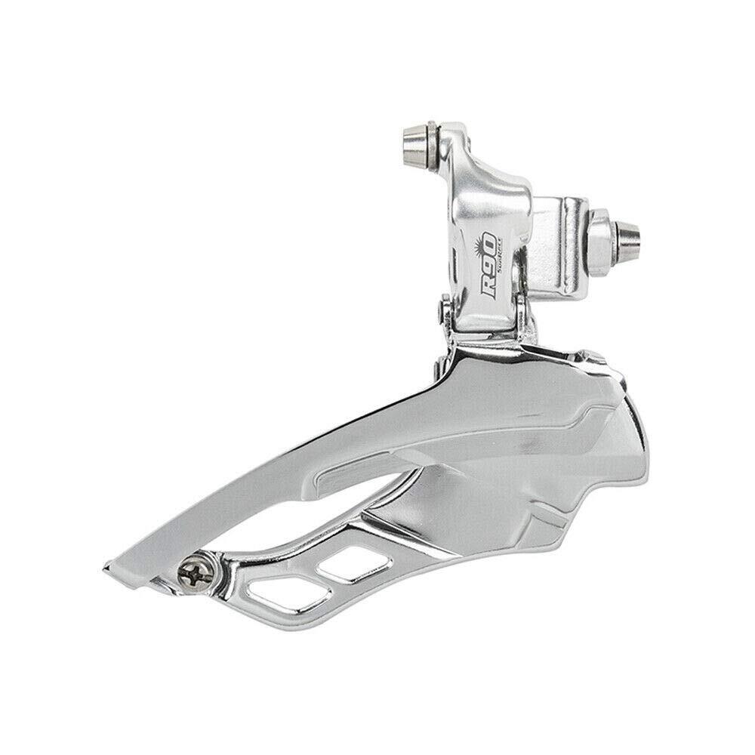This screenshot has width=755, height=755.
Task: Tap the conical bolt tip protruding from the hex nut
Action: point(628,236)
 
